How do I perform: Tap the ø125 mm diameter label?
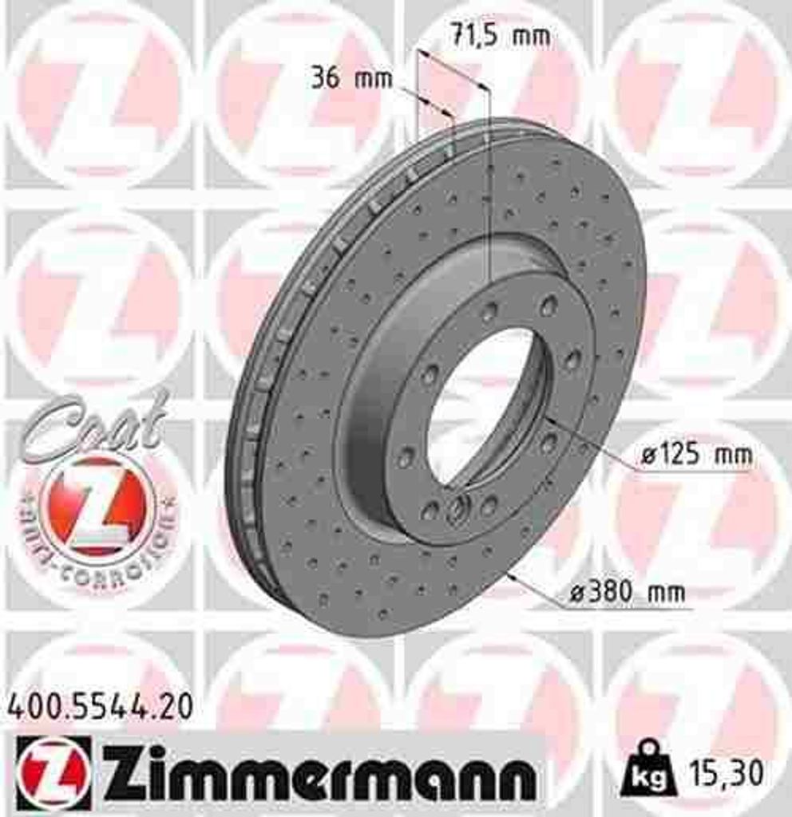(x=695, y=456)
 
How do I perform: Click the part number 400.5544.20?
(x=100, y=705)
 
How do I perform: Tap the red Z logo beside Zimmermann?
(x=53, y=772)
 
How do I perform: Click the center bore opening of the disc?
(x=487, y=407)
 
